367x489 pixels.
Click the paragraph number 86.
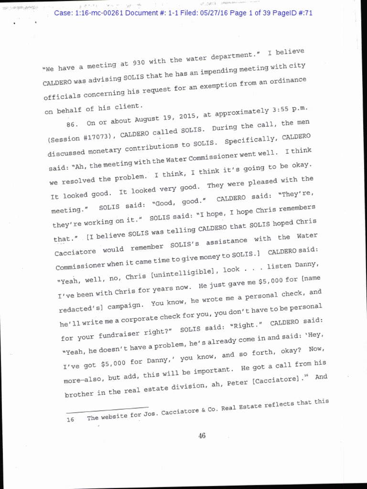(x=72, y=123)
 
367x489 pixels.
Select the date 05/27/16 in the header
(x=209, y=13)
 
